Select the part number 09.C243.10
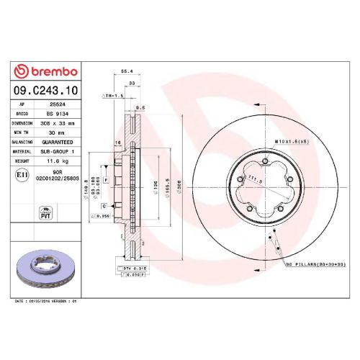pos(45,91)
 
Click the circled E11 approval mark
pos(22,175)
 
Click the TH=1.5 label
pos(113,95)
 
